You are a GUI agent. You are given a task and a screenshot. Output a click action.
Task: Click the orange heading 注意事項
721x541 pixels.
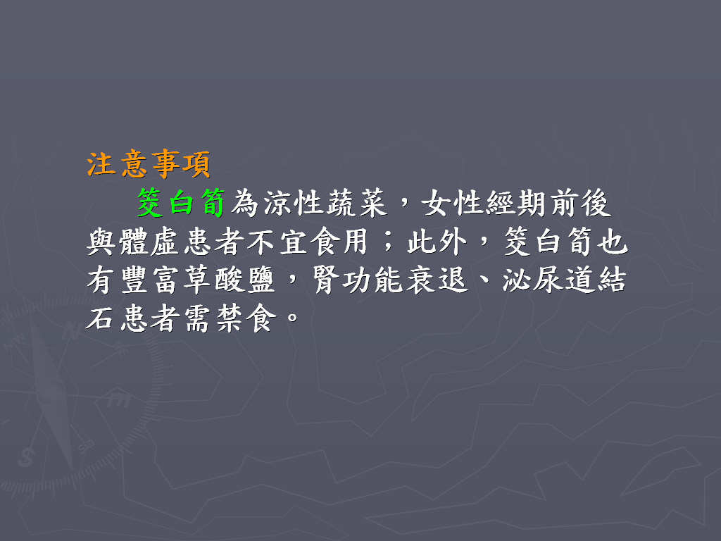(149, 164)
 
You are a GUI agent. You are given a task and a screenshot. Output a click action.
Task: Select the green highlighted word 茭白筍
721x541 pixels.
(181, 203)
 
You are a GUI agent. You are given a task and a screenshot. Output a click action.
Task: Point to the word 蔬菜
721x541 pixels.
(356, 203)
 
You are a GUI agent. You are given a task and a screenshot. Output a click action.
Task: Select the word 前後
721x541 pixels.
(580, 203)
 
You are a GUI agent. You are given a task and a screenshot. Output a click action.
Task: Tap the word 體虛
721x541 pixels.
(148, 242)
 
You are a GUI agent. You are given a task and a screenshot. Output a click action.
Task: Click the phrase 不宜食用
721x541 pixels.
(307, 242)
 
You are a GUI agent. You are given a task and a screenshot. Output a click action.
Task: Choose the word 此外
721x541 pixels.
(437, 242)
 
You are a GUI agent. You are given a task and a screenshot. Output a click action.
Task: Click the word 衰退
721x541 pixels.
(437, 280)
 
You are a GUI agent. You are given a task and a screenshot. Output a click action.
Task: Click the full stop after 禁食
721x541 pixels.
(292, 317)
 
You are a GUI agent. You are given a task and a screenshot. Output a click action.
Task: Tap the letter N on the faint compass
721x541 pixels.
(71, 331)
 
